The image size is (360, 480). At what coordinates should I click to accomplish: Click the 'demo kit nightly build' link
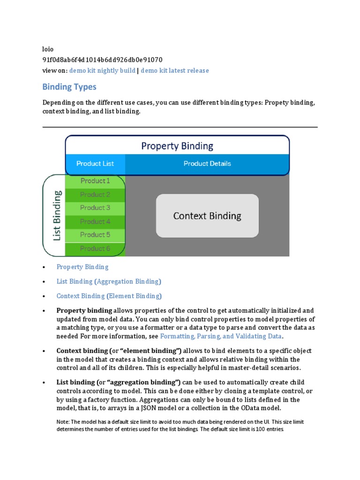[102, 71]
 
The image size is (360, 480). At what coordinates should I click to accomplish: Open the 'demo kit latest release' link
[175, 71]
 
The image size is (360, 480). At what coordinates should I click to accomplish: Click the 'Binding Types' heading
[69, 87]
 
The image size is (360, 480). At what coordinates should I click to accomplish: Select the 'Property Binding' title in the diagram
[177, 146]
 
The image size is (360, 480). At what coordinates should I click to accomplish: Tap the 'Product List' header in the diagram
[95, 164]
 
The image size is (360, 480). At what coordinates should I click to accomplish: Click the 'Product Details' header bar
[207, 164]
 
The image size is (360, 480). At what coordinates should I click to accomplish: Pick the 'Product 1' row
[95, 180]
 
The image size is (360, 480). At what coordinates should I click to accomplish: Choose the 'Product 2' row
[95, 195]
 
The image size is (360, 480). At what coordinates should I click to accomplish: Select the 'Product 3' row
[95, 208]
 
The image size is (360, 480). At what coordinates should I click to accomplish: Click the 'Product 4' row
[95, 221]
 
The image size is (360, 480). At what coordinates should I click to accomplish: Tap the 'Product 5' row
[95, 235]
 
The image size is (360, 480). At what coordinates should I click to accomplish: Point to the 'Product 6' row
[95, 248]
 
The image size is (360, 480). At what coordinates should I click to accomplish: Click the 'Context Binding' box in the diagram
[207, 216]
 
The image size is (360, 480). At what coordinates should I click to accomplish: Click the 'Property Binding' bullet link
[82, 267]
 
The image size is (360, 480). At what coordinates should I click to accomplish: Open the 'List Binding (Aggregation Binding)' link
[109, 282]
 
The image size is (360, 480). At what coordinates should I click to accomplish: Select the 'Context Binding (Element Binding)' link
[109, 296]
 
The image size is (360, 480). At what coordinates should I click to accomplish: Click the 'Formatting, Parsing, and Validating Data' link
[221, 337]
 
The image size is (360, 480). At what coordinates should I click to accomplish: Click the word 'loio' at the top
[48, 49]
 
